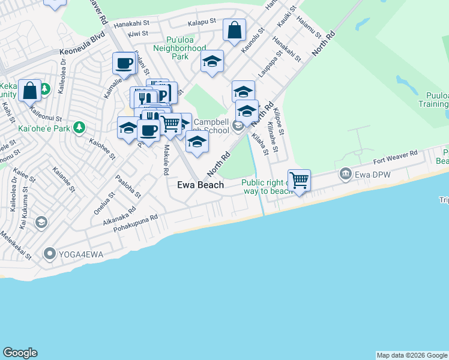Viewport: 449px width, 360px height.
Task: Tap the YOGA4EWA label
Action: click(x=81, y=254)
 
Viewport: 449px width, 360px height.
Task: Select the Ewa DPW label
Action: click(x=369, y=175)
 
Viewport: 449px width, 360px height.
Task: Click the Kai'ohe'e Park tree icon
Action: click(x=79, y=128)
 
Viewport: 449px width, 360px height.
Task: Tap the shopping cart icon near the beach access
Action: click(x=298, y=180)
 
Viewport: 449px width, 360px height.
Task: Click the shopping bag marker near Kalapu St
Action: click(x=234, y=30)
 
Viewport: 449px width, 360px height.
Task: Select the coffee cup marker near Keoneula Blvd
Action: click(x=124, y=63)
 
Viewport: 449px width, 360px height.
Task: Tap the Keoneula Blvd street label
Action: click(x=82, y=52)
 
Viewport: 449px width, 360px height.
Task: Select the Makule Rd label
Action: click(x=166, y=160)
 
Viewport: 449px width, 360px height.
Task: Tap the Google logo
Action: click(x=20, y=353)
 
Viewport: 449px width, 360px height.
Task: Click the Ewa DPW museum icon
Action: click(x=346, y=175)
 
